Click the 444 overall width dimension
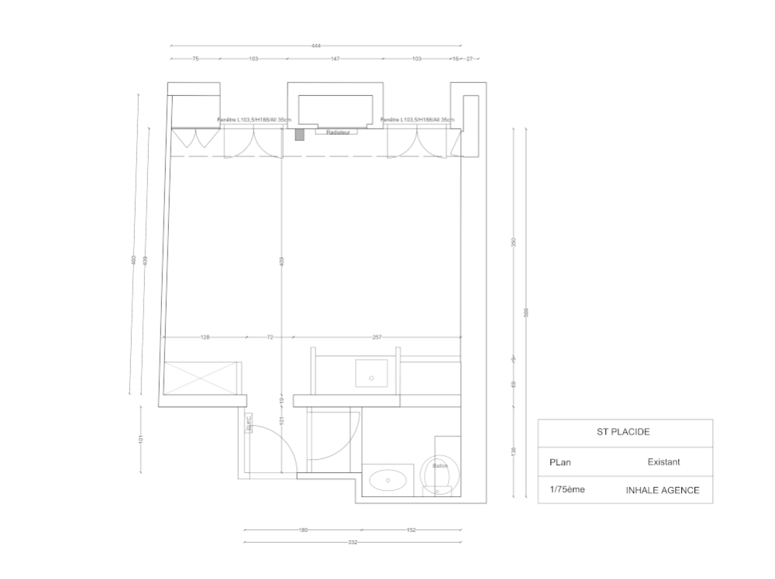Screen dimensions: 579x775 coord(316,46)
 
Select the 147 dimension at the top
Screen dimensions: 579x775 coord(336,59)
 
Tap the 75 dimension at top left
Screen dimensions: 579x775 coord(196,59)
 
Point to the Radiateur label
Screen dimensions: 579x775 coord(339,132)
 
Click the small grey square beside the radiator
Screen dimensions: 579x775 coord(300,134)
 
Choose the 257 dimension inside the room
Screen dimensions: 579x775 coord(377,337)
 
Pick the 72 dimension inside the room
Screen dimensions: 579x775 coord(270,337)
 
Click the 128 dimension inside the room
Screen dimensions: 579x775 coord(205,337)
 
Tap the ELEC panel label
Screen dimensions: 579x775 coord(250,423)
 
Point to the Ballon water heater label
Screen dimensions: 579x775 coord(440,466)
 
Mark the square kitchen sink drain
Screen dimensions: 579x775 coord(372,378)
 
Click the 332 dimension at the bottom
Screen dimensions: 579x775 coord(353,543)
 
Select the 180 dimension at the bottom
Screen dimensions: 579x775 coord(303,530)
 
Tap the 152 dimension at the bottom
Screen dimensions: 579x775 coord(412,530)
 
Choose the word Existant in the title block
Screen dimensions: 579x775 coord(663,462)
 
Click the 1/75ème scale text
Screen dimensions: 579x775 coord(567,490)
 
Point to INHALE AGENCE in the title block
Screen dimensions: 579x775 coord(663,490)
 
